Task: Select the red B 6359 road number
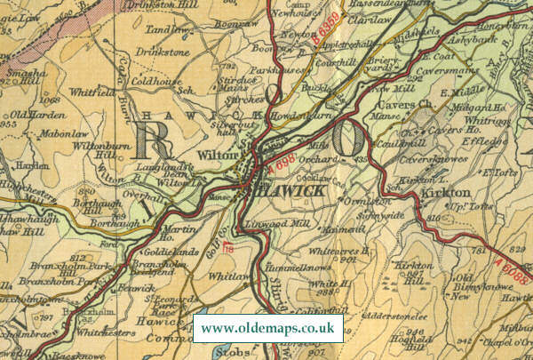(326, 36)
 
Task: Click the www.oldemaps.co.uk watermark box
(268, 329)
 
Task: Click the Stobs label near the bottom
(228, 354)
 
